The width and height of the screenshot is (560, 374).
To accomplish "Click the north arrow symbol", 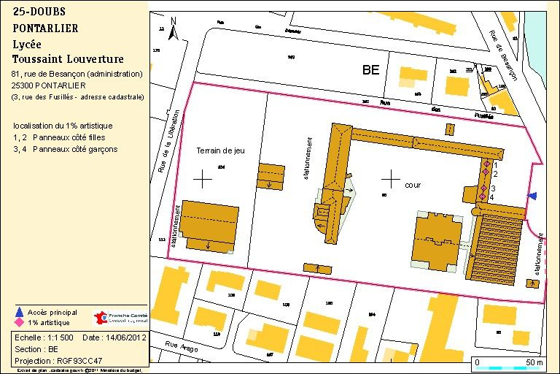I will point(173,28).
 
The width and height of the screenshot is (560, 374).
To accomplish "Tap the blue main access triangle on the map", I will point(533,195).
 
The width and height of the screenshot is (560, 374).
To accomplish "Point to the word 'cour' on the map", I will point(413,186).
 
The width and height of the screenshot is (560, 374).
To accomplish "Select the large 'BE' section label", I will point(371,71).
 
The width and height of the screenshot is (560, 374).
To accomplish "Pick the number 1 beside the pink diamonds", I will point(495,165).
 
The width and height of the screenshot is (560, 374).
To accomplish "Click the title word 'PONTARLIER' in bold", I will point(45,28).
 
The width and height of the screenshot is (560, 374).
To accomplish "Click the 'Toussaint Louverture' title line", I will point(68,59).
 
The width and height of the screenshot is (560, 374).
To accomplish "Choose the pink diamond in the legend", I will point(19,322).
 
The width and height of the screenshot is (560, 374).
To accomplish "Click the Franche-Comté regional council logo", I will point(121,318).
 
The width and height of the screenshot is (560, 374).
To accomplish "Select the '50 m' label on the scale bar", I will point(534,362).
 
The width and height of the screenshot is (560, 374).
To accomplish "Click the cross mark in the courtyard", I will point(392,178).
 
